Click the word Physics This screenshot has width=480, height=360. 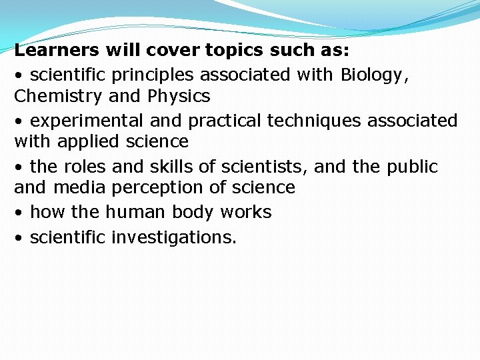coord(179,96)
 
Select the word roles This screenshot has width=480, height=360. coord(85,166)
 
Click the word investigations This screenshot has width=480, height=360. coord(174,237)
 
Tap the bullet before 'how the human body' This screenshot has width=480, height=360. coord(19,213)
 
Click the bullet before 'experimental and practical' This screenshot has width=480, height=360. coord(19,121)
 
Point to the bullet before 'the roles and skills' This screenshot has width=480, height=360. coord(19,167)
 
